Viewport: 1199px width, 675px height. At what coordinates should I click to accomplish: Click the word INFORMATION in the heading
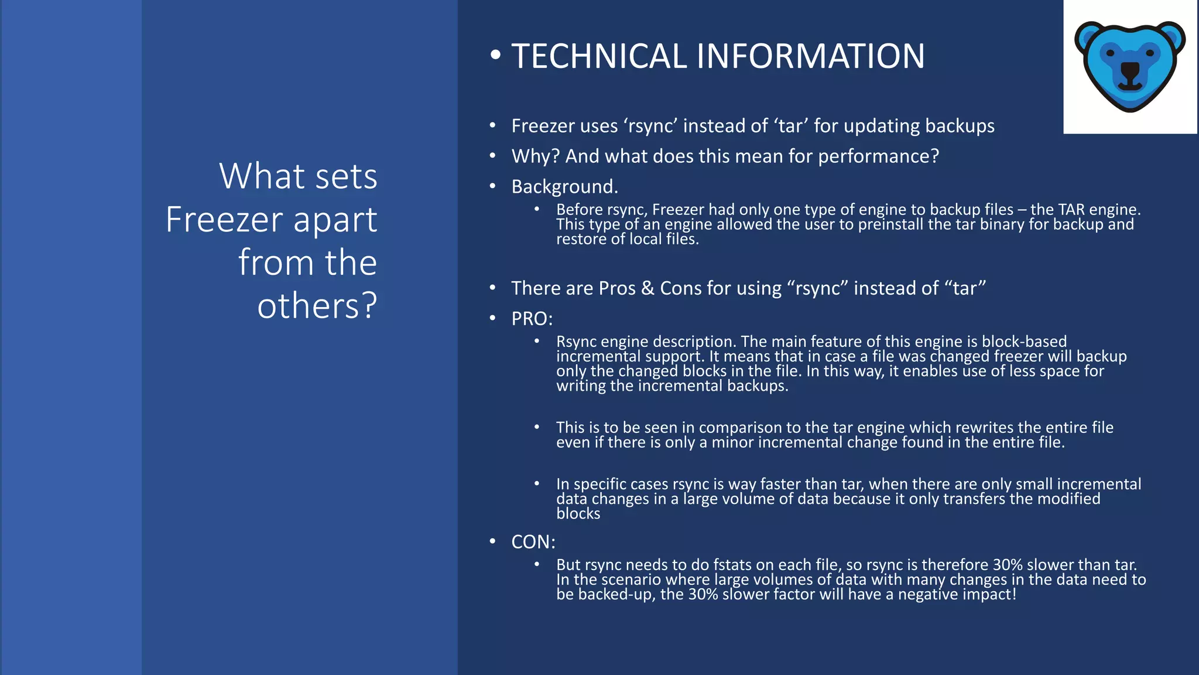point(810,56)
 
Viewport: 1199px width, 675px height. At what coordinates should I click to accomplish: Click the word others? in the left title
point(317,306)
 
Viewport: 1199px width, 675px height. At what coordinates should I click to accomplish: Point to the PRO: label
point(532,319)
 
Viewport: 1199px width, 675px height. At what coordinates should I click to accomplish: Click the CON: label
point(533,542)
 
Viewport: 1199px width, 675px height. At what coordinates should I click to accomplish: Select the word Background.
point(564,186)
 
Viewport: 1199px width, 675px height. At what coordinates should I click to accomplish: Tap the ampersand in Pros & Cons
point(648,288)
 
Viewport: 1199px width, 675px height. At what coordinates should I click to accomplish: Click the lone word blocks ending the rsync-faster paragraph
point(578,514)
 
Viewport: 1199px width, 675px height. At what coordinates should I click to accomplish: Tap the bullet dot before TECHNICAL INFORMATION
point(495,55)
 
